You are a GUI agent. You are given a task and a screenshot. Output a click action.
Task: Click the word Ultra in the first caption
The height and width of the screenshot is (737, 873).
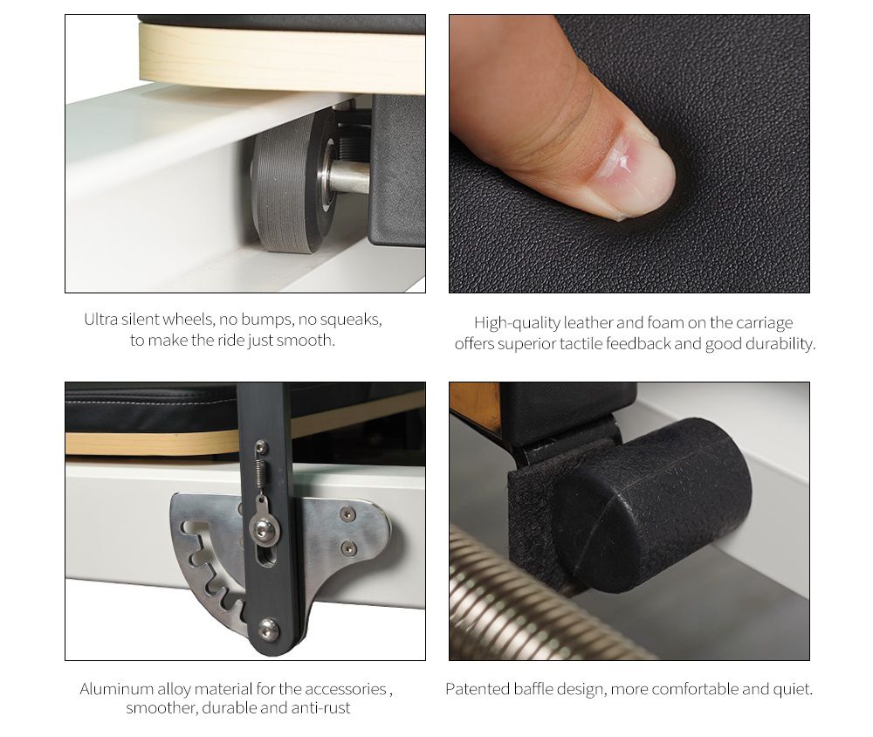(x=101, y=320)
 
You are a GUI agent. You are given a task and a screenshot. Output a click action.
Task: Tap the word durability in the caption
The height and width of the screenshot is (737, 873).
(x=780, y=344)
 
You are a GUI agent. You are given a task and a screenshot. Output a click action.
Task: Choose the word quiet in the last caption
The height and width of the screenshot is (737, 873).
(x=792, y=690)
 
